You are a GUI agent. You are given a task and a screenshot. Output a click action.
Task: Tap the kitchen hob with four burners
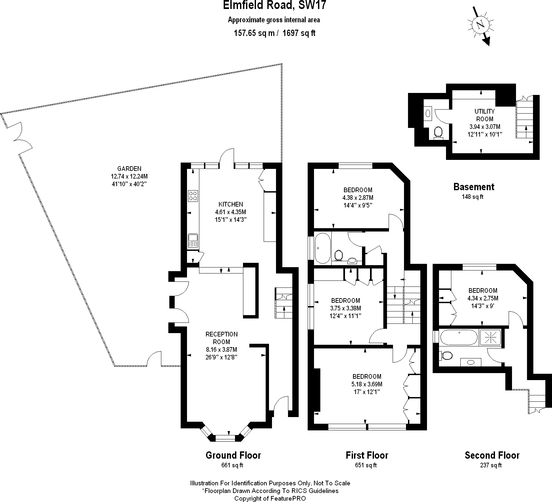(x=193, y=196)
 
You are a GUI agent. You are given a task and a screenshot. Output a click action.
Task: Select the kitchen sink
(x=193, y=241)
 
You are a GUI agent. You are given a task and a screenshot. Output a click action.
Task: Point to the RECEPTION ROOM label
(x=222, y=338)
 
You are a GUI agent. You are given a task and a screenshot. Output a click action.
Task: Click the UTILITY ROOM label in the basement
(x=485, y=115)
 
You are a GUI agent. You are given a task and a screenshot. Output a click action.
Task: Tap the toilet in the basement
(x=438, y=133)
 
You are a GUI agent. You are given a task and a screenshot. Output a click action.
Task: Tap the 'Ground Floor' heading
(x=233, y=455)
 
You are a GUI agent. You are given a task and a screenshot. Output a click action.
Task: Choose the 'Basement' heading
(x=474, y=187)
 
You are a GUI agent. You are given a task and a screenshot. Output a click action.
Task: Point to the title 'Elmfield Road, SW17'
(x=274, y=6)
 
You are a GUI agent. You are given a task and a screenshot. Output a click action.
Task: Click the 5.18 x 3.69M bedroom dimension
(x=367, y=384)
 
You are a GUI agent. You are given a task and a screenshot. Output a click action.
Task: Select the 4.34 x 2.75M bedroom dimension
(x=483, y=298)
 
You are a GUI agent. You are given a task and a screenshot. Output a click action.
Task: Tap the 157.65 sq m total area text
(x=254, y=33)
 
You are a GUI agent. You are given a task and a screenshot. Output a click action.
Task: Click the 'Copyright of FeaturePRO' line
(x=270, y=498)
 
